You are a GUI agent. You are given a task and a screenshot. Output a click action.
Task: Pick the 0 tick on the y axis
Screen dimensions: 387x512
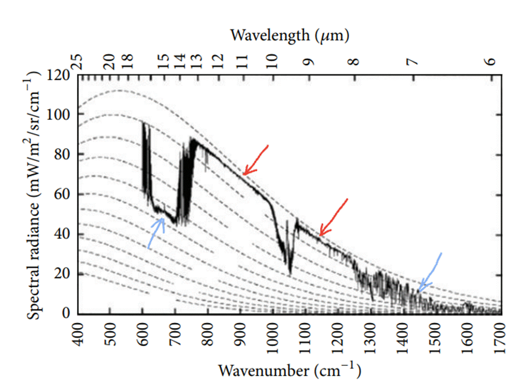pyautogui.click(x=66, y=313)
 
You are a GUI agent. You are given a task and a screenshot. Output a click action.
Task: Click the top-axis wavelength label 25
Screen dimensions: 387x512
pyautogui.click(x=78, y=61)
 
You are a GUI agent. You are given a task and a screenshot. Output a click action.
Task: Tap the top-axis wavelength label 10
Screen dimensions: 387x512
pyautogui.click(x=271, y=61)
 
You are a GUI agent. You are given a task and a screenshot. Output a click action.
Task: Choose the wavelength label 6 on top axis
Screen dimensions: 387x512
pyautogui.click(x=491, y=61)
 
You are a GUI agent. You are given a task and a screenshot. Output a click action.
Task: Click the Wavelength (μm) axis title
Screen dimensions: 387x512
pyautogui.click(x=290, y=35)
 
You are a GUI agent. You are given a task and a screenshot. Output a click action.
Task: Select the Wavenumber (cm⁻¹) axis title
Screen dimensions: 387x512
pyautogui.click(x=289, y=371)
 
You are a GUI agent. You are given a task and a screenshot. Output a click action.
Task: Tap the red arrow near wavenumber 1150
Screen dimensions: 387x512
pyautogui.click(x=333, y=217)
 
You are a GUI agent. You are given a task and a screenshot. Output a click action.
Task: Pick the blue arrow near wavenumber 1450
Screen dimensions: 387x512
pyautogui.click(x=430, y=272)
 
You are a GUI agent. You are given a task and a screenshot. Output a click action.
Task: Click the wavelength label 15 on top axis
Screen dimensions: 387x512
pyautogui.click(x=162, y=61)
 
